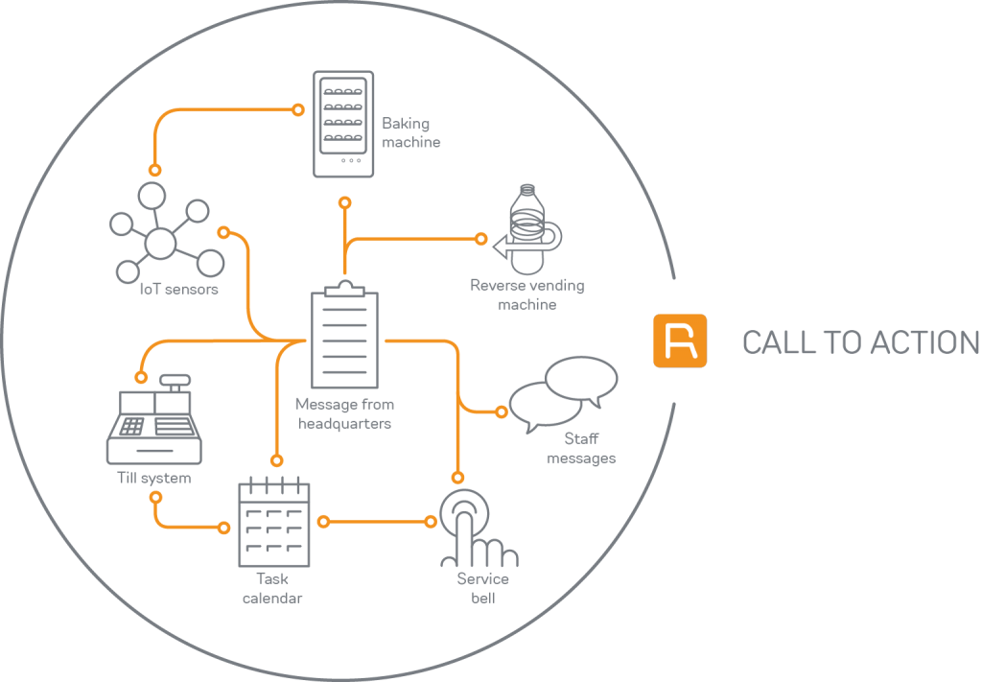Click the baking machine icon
[x=343, y=123]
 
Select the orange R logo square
[x=679, y=341]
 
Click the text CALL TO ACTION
[x=860, y=342]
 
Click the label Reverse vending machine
[x=526, y=294]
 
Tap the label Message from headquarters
[x=344, y=413]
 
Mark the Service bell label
[x=482, y=588]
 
